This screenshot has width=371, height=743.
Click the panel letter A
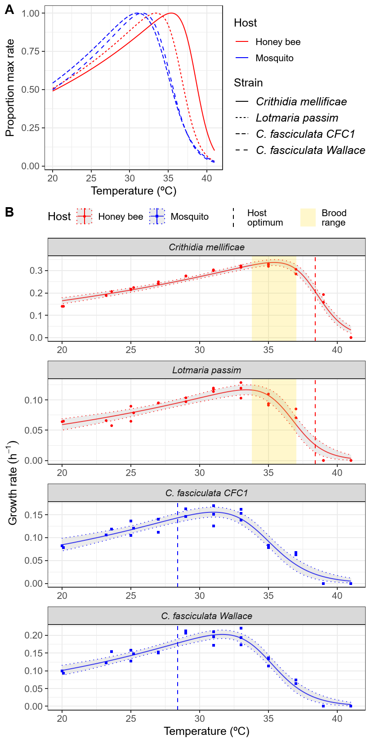9,10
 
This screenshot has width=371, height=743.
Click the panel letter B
9,212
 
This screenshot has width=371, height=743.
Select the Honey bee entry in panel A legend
277,42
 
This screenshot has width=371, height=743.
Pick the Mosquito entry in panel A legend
274,58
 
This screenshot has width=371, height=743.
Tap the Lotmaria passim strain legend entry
297,118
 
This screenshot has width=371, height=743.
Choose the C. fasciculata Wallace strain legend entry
310,150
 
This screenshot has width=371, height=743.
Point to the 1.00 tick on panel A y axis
31,14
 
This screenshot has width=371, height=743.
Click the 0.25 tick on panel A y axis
31,128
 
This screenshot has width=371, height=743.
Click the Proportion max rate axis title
10,88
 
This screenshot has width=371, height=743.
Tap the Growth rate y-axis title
13,482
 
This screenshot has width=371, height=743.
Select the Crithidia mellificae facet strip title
206,247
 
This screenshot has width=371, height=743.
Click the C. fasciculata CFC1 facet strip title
206,493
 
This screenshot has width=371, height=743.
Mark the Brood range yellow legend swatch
308,217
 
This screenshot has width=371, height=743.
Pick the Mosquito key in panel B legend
157,217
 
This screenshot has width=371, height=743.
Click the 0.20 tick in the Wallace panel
35,635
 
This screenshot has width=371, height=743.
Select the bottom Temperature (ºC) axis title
206,731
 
